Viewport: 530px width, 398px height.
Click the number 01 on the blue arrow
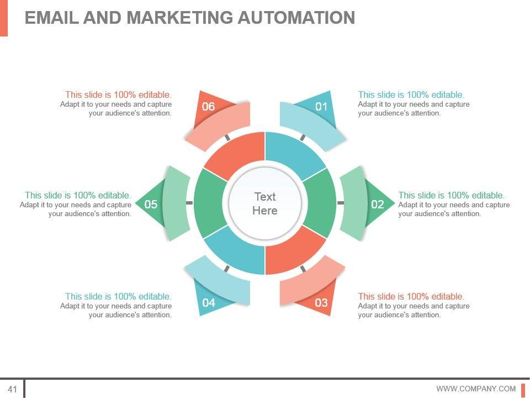click(321, 106)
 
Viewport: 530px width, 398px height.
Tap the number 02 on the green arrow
click(377, 205)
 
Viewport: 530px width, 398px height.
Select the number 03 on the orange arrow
click(321, 302)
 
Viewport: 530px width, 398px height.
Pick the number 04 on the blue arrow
click(209, 302)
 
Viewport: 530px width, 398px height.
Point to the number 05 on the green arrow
click(151, 205)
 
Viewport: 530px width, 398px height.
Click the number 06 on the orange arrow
click(208, 106)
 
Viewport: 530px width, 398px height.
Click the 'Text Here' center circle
click(265, 203)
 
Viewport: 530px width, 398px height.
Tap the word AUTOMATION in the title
click(296, 18)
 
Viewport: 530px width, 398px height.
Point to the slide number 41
click(13, 389)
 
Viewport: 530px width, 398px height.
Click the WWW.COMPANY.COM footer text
click(476, 389)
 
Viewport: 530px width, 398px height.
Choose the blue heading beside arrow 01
click(411, 95)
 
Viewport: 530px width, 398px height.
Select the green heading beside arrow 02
click(452, 195)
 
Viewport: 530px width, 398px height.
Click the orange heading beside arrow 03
click(411, 296)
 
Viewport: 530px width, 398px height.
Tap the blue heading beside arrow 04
click(118, 296)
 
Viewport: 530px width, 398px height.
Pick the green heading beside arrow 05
click(78, 195)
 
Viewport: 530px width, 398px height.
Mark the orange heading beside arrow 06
click(118, 95)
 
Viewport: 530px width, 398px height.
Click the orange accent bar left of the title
click(3, 18)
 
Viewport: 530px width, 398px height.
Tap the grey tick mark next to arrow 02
click(341, 203)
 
